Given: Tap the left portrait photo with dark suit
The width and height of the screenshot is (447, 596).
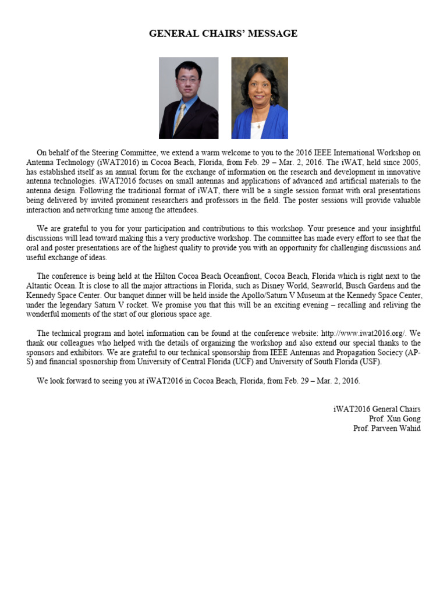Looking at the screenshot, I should pos(189,98).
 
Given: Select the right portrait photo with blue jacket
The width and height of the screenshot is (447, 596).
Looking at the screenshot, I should pos(260,98).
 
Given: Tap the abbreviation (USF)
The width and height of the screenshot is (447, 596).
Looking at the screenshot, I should pos(367,361).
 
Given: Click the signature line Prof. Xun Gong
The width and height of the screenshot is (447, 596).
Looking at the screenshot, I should pos(395,418).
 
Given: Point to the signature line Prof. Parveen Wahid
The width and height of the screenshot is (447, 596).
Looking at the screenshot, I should pos(386,428).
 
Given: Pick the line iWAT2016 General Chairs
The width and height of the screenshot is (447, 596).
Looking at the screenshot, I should pos(377,409).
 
